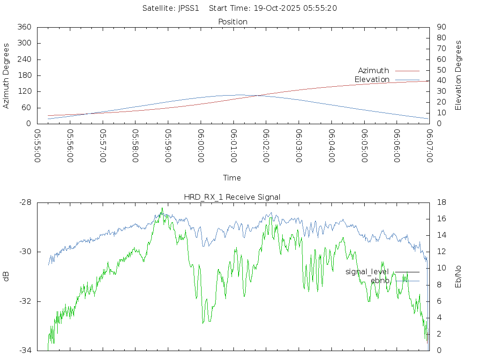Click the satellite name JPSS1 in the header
pos(188,8)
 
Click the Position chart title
pos(232,22)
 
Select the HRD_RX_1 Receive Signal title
pos(232,197)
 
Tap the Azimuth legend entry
pos(374,70)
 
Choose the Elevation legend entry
pos(372,79)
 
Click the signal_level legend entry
pos(367,271)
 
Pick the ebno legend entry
pos(380,280)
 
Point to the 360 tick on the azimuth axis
pos(24,27)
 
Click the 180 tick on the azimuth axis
pos(24,75)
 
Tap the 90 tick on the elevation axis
pos(441,27)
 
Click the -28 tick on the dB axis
pos(25,202)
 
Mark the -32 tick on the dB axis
pos(25,301)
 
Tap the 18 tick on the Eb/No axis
pos(441,202)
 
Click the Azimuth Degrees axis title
pos(6,75)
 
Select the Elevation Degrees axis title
pos(458,75)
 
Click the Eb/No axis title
pos(458,276)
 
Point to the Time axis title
pos(232,178)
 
